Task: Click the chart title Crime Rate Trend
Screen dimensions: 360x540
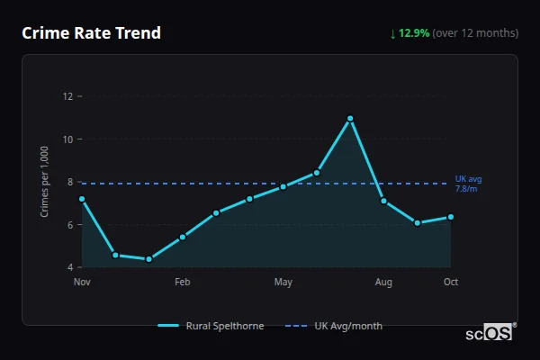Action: pos(91,33)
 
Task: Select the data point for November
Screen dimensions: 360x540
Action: pos(82,199)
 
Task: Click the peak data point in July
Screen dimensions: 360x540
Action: pos(350,119)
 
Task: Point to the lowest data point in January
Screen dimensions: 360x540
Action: pos(148,259)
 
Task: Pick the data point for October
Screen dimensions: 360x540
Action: pos(451,217)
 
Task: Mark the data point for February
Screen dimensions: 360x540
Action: pos(183,237)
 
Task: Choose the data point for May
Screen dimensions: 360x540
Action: pos(283,186)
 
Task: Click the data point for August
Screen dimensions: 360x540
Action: pos(383,201)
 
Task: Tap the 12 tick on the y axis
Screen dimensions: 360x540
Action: pos(67,96)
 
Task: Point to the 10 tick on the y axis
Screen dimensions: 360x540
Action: pos(67,139)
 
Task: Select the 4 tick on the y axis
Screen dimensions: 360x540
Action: pos(69,267)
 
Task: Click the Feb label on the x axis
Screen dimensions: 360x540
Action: pos(183,283)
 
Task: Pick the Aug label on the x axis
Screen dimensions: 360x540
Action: pos(383,283)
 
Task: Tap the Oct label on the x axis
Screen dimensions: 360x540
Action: pos(451,283)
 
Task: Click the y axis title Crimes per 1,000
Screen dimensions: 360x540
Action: pos(45,183)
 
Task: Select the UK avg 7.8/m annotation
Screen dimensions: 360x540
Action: pos(469,184)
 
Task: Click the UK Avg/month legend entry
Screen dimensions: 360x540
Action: pos(334,326)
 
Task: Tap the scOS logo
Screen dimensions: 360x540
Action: pos(490,332)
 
